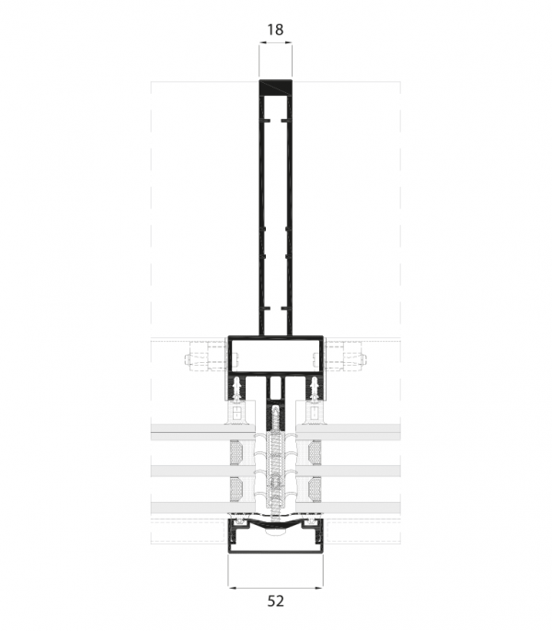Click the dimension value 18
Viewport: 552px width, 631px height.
tap(275, 29)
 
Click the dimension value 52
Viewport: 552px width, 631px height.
tap(275, 601)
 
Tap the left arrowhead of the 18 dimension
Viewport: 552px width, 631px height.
tap(262, 41)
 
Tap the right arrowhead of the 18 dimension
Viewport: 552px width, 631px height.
tap(289, 41)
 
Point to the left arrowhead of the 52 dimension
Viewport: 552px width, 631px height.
tap(232, 588)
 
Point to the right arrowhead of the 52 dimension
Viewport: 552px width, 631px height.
tap(319, 588)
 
